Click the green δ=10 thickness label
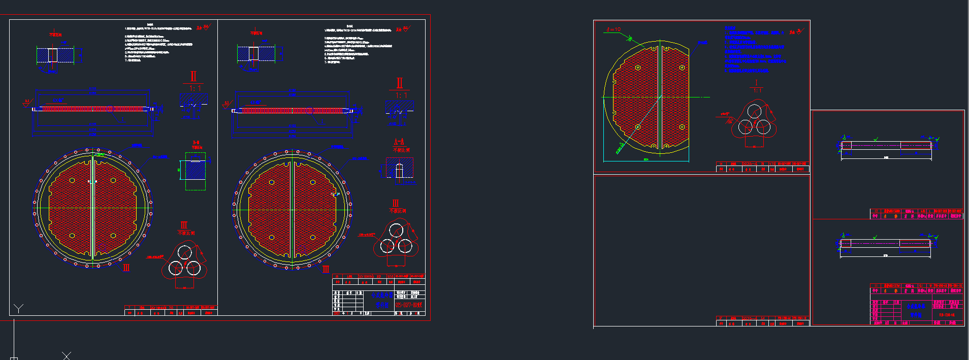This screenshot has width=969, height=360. pos(613,29)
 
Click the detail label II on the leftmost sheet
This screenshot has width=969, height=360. pos(193,76)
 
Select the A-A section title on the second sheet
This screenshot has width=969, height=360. pos(399,142)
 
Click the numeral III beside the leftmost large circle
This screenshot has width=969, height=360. pos(126,267)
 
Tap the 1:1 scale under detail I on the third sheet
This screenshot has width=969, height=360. pos(757,90)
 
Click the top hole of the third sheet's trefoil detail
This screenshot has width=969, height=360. pos(754,110)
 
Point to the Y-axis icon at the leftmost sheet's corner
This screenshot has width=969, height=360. pos(19,308)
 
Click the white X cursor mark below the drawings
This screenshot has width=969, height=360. pos(67,355)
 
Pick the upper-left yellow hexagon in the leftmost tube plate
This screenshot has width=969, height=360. pos(72,180)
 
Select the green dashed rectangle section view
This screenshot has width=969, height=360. pos(196,171)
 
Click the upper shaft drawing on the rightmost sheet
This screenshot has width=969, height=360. pos(886,145)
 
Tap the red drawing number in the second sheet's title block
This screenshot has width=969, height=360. pos(408,305)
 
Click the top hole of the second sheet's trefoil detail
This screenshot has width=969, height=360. pos(396,231)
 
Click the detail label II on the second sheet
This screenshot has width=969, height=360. pos(400,83)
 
